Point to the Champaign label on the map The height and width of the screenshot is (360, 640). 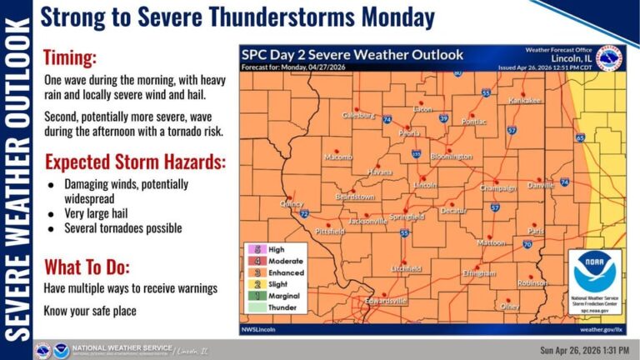click(x=497, y=187)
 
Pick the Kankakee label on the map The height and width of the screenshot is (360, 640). click(x=525, y=100)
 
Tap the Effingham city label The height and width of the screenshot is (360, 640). click(x=479, y=272)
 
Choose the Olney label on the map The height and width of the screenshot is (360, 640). click(x=509, y=306)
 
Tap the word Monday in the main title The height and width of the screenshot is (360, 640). click(x=395, y=17)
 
